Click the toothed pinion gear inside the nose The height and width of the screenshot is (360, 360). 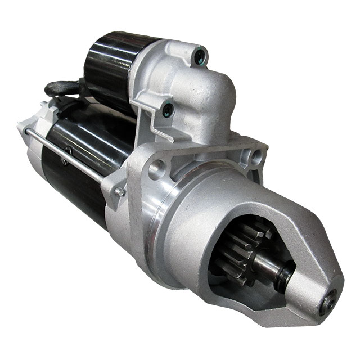coord(239,247)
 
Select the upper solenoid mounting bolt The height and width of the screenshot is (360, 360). coord(199,55)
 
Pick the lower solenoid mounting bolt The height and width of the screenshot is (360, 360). coord(168,110)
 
